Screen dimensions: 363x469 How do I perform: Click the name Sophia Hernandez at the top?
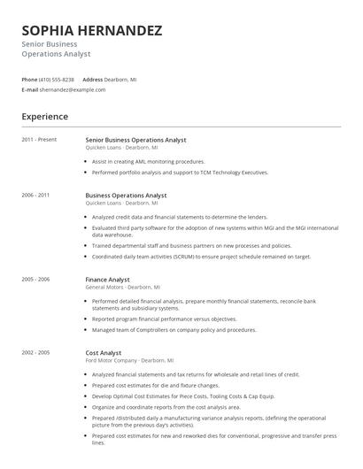click(x=92, y=31)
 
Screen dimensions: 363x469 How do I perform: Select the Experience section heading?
click(x=45, y=116)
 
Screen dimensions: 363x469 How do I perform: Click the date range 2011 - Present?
click(x=39, y=140)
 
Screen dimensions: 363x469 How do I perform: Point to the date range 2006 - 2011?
click(x=35, y=195)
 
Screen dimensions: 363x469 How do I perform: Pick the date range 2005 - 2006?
click(x=35, y=280)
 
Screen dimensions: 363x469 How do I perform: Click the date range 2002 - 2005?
click(x=35, y=353)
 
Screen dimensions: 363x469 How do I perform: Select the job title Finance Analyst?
click(x=107, y=280)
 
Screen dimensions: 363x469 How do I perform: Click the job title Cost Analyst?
click(x=104, y=353)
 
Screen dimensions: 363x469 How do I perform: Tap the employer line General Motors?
click(x=122, y=288)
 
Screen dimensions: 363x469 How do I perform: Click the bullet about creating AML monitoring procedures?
click(x=148, y=162)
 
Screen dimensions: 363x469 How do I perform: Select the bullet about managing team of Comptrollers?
click(x=171, y=330)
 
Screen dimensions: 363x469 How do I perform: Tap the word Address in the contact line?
click(x=93, y=80)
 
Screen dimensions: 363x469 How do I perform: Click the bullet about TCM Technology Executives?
click(x=180, y=173)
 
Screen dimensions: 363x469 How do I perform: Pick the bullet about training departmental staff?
click(x=191, y=246)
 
